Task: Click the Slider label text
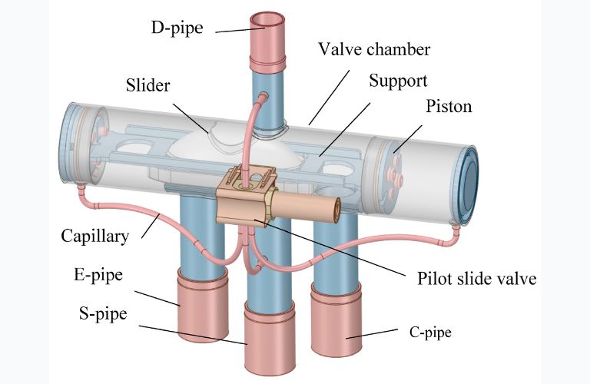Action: pos(147,84)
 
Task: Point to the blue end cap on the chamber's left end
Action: pos(71,146)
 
